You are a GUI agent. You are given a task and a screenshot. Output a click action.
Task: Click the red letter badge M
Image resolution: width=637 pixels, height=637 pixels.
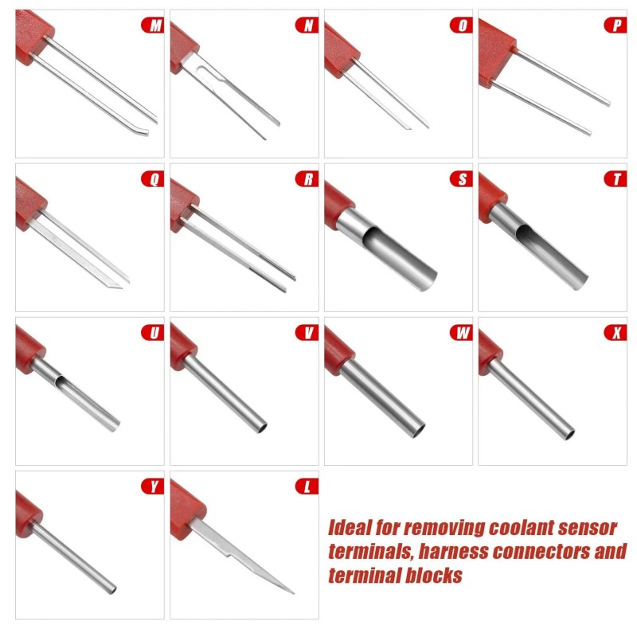click(x=152, y=25)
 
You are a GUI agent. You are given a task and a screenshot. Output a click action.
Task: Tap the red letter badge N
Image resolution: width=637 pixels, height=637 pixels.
click(x=307, y=25)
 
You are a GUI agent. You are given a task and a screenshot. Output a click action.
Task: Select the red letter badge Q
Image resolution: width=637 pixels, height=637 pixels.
click(x=152, y=179)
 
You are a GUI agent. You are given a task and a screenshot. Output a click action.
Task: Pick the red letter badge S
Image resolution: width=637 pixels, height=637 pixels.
click(x=461, y=179)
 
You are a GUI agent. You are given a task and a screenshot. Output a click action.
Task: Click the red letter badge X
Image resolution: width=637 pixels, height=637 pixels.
click(x=616, y=333)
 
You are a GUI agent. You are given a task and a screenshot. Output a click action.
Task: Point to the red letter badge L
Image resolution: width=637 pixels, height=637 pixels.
click(x=307, y=487)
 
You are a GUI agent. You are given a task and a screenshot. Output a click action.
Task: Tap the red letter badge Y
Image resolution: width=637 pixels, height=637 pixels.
click(x=152, y=487)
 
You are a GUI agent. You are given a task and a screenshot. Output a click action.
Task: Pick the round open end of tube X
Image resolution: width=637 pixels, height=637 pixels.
click(x=567, y=434)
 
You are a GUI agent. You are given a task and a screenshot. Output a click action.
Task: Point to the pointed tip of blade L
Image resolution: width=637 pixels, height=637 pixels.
click(x=291, y=592)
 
